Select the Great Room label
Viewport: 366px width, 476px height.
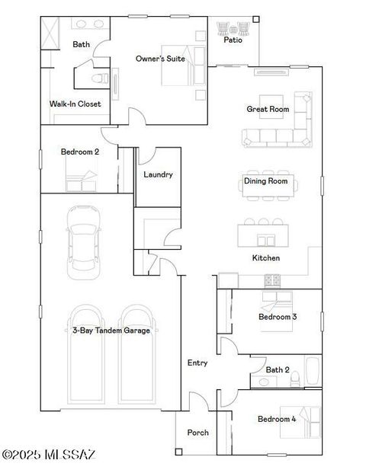(268, 109)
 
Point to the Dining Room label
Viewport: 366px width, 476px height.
(265, 181)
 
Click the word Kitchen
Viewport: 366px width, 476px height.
(266, 258)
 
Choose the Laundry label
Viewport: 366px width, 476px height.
(158, 174)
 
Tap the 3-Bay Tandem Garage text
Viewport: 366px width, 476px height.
(111, 331)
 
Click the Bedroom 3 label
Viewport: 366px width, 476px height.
(277, 317)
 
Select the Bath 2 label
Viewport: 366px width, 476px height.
(277, 370)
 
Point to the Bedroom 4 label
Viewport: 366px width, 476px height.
(276, 419)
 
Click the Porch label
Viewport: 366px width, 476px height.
(197, 433)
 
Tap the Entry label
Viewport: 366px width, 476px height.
(197, 363)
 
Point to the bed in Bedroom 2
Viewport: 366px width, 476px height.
(81, 181)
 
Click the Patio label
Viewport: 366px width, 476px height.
(233, 40)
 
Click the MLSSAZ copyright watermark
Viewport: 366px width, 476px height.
(49, 455)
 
